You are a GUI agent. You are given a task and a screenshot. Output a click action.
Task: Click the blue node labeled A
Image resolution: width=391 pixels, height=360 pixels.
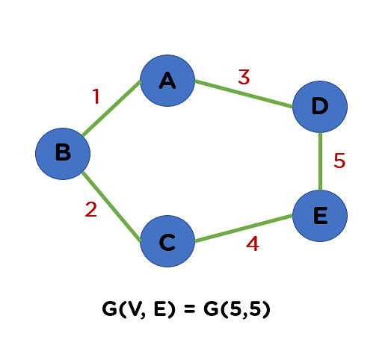167,81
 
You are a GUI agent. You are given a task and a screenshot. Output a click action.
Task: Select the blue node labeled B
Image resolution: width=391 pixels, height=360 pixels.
63,154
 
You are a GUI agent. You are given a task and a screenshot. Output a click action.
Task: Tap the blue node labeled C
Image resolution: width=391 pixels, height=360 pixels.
167,241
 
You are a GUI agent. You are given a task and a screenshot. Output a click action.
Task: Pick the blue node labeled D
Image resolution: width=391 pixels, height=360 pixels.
320,107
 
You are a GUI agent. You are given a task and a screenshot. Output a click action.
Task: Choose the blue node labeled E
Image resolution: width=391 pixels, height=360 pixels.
320,216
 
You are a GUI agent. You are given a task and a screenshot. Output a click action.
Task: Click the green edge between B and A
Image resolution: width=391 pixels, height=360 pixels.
111,108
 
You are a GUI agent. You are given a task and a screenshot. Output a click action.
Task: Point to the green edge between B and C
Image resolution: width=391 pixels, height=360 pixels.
111,206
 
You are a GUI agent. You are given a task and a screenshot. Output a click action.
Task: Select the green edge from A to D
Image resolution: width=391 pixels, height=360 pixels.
244,93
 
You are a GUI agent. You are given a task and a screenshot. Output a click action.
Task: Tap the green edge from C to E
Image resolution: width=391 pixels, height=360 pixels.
244,228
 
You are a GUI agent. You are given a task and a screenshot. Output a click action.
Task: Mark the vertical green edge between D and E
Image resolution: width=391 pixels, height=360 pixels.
321,161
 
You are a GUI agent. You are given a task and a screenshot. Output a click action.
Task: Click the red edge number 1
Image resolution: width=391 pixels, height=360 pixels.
96,96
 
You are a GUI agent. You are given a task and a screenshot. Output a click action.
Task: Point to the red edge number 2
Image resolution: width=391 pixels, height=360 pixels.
90,209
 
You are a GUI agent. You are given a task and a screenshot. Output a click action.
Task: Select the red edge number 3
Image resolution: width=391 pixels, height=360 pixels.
244,77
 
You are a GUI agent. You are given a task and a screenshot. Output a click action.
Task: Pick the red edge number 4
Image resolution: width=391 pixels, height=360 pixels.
253,243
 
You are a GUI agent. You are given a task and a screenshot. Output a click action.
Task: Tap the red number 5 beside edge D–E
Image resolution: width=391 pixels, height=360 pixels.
339,161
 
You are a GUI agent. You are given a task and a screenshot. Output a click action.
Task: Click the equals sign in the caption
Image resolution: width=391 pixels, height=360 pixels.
189,309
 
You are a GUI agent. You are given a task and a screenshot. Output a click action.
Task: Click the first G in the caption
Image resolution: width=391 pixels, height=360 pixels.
109,309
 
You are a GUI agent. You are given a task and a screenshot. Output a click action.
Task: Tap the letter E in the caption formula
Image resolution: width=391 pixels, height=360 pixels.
160,309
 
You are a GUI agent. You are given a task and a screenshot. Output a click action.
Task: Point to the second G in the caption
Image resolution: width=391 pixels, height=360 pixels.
211,309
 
